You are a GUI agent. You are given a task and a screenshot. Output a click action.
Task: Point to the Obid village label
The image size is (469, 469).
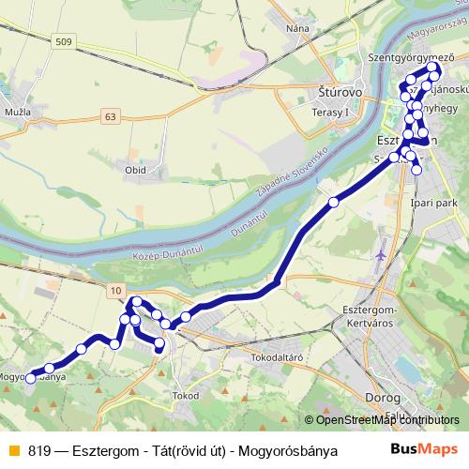click(135, 170)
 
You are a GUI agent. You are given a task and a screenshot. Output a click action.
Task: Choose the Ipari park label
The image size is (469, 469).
click(433, 200)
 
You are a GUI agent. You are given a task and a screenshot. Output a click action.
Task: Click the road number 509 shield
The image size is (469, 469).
click(63, 41)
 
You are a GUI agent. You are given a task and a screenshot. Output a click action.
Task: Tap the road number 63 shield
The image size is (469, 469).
click(112, 116)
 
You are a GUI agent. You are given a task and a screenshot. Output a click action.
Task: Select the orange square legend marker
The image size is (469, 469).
click(12, 450)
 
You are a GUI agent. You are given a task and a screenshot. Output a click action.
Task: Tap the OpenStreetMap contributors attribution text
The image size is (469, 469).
click(381, 420)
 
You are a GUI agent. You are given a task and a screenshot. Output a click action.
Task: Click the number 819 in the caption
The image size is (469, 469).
click(38, 450)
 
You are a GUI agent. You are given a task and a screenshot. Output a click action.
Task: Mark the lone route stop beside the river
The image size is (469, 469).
click(333, 202)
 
